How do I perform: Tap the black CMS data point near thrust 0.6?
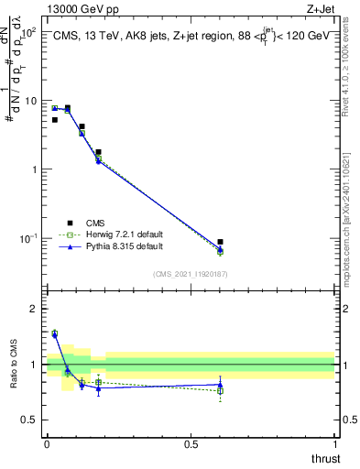(x=220, y=242)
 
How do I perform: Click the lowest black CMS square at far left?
(x=55, y=120)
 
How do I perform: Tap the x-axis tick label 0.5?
(x=191, y=444)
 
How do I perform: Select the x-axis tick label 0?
(x=47, y=444)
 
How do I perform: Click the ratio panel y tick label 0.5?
(x=30, y=420)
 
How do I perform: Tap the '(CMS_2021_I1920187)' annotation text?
(x=190, y=273)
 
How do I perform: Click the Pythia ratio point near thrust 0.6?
(x=220, y=385)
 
